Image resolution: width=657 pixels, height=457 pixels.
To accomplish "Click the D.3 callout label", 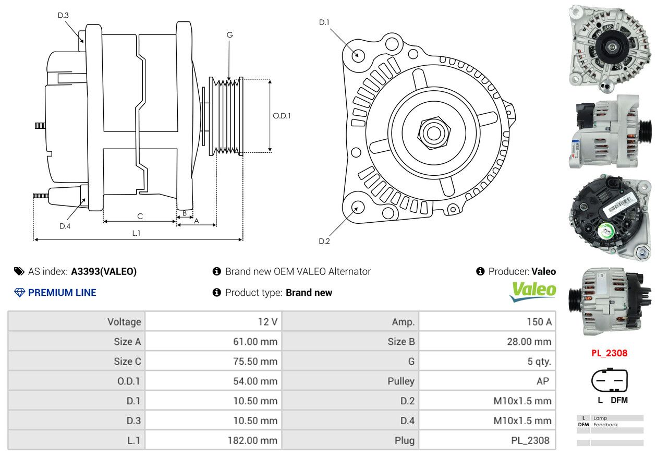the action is click(63, 15).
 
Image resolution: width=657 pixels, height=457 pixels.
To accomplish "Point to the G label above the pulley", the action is click(229, 35).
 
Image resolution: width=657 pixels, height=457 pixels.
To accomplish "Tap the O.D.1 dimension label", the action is click(282, 116).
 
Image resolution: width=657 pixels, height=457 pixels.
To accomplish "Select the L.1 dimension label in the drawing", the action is click(137, 233).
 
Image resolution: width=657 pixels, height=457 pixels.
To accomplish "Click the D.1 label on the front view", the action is click(324, 22).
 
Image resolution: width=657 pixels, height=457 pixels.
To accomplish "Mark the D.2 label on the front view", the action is click(324, 241).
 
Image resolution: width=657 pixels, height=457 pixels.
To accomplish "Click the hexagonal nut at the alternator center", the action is click(434, 133).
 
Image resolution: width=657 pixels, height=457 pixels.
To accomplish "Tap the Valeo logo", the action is click(533, 292).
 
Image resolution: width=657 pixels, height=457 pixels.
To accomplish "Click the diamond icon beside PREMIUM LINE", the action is click(19, 293).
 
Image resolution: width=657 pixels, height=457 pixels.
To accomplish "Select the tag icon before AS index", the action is click(19, 271).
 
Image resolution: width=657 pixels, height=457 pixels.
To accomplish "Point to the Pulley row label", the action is click(401, 381).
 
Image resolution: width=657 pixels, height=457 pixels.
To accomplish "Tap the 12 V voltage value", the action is click(267, 322).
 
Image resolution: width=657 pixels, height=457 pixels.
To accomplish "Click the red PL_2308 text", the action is click(610, 353).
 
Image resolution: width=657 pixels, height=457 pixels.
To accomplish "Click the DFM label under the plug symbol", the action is click(619, 400).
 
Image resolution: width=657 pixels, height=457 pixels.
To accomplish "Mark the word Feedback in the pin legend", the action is click(605, 425).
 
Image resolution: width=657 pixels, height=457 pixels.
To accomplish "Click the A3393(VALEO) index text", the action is click(104, 271).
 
